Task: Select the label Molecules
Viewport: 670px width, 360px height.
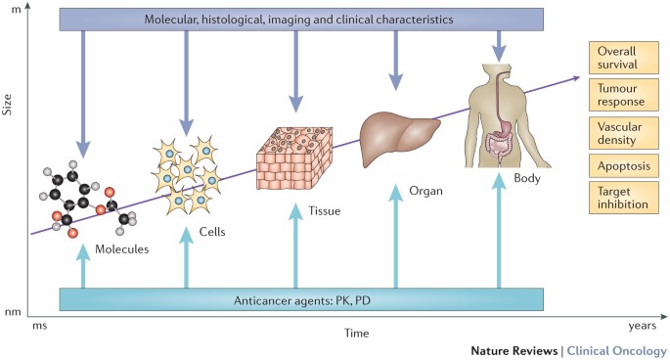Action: point(122,249)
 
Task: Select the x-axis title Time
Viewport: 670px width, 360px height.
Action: point(357,334)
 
